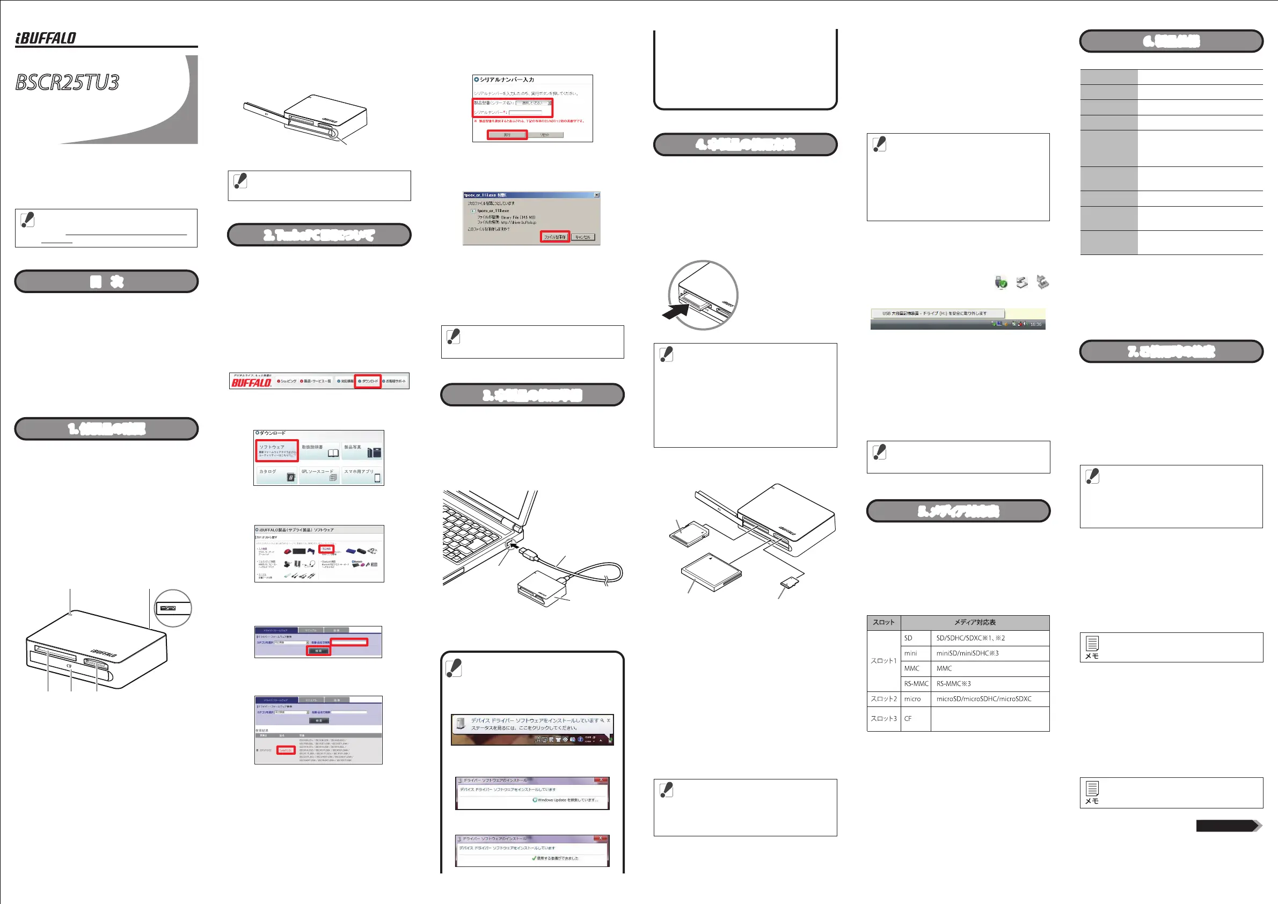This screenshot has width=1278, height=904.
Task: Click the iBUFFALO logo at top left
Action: [46, 38]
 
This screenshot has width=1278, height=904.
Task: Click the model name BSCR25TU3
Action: [67, 82]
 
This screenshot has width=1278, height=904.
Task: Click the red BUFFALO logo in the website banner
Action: [251, 382]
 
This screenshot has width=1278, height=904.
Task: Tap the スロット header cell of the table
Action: [883, 622]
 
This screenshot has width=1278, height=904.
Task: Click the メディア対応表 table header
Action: [975, 622]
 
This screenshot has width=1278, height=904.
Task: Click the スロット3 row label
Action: [883, 719]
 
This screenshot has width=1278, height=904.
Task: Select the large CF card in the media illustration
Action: [711, 573]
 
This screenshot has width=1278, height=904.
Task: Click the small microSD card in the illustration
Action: [788, 583]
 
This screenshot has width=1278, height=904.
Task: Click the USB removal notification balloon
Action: [937, 314]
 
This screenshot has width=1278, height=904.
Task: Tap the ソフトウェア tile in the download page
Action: [276, 450]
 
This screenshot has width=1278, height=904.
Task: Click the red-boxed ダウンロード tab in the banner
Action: [368, 381]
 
